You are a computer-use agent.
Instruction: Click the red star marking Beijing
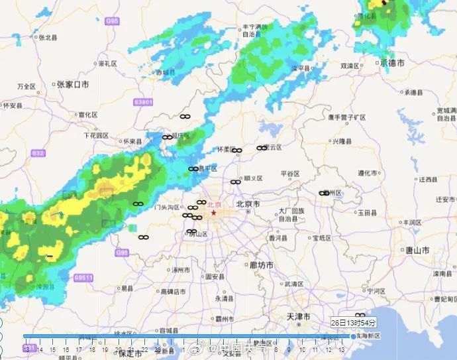pos(213,213)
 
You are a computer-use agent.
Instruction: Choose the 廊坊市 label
pos(261,265)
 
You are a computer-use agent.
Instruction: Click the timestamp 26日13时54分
pos(353,323)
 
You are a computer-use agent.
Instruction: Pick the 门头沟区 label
pos(168,207)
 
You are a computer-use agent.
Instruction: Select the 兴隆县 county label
pos(344,141)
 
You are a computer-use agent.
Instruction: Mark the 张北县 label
pos(49,38)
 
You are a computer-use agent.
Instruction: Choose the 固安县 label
pos(216,276)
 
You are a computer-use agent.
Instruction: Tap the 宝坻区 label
pos(323,237)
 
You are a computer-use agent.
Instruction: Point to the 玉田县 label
pos(368,213)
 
